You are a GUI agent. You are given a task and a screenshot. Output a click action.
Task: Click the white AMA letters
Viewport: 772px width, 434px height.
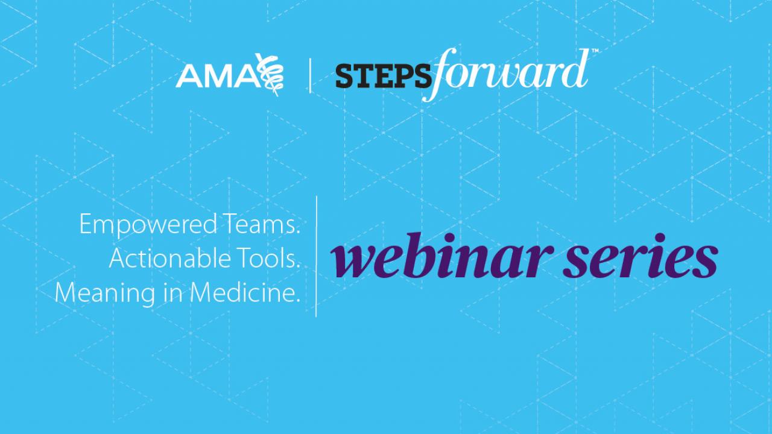(219, 76)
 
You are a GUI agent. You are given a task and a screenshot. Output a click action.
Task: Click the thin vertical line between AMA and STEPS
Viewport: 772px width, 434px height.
(310, 75)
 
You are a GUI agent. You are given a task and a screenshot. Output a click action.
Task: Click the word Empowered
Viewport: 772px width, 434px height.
(148, 225)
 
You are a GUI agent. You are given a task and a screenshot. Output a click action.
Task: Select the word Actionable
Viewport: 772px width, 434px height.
(170, 259)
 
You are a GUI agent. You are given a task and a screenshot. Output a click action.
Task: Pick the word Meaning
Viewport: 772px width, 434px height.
(105, 294)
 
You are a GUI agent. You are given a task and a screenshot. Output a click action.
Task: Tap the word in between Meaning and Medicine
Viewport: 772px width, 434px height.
(172, 293)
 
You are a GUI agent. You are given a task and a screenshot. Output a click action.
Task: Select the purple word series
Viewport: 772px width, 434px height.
(641, 256)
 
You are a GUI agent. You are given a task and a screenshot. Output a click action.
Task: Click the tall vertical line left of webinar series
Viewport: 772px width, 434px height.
(317, 256)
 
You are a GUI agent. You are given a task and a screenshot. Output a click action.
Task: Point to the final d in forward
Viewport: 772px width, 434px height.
(575, 69)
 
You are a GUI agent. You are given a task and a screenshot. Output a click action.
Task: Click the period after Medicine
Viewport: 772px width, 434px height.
(298, 301)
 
